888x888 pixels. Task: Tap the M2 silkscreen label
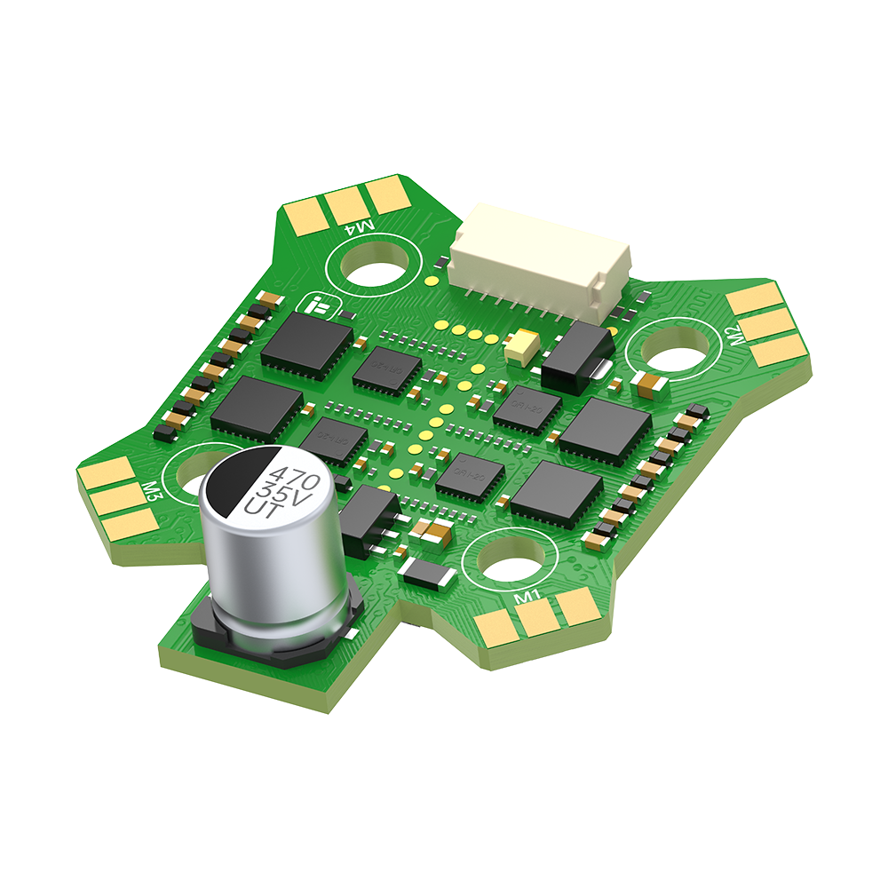click(734, 336)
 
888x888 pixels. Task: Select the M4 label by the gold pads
click(364, 228)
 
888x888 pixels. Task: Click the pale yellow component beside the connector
click(521, 345)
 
